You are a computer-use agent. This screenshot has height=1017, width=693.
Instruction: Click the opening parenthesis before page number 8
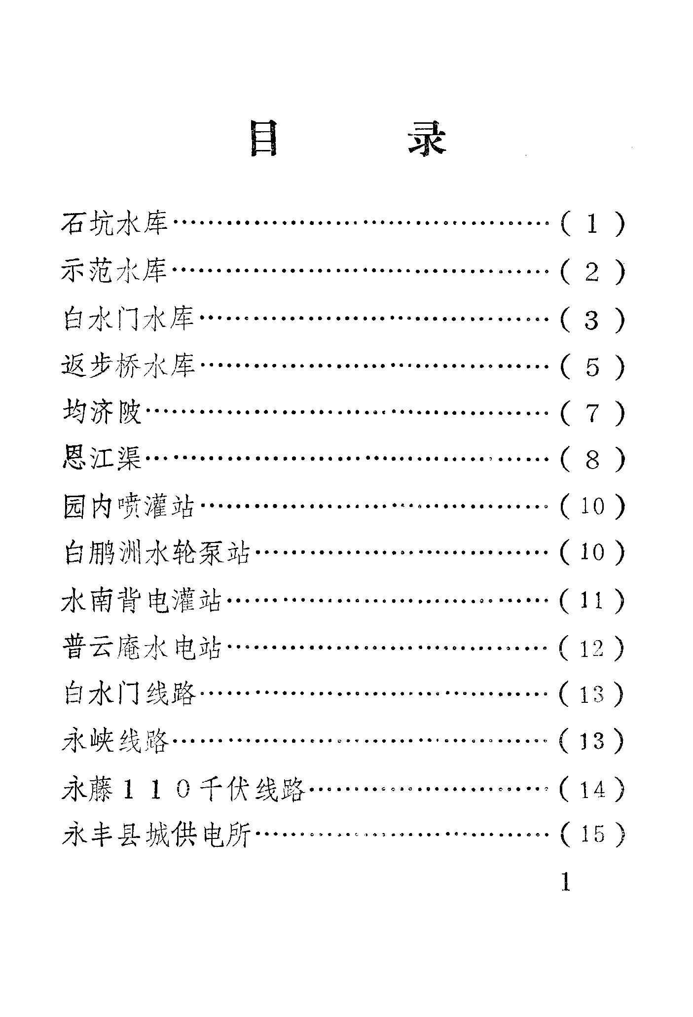point(565,459)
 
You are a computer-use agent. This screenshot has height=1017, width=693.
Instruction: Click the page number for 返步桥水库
point(592,366)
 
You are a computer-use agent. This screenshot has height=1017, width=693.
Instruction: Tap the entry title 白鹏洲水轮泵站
point(157,552)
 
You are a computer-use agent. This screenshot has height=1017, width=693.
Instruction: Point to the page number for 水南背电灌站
point(592,600)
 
